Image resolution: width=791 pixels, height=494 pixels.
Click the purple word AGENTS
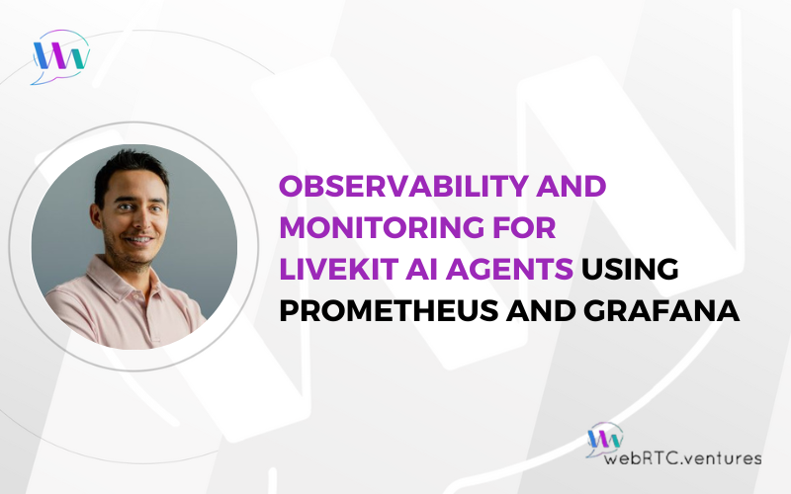click(509, 269)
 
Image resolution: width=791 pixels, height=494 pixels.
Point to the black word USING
click(630, 269)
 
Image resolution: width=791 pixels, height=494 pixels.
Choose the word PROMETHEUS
click(389, 310)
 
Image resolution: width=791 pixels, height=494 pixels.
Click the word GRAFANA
click(661, 310)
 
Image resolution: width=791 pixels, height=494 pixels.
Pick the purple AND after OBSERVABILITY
click(571, 186)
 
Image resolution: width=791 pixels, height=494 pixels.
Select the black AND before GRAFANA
click(541, 310)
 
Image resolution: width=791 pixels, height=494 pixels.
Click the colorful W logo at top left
click(60, 56)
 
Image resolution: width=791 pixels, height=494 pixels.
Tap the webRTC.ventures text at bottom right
click(682, 458)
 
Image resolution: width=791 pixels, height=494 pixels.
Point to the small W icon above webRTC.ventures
click(605, 440)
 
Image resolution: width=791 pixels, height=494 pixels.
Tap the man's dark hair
click(131, 169)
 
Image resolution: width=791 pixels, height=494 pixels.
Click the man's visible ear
click(96, 215)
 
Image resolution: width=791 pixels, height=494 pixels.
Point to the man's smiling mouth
click(139, 240)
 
